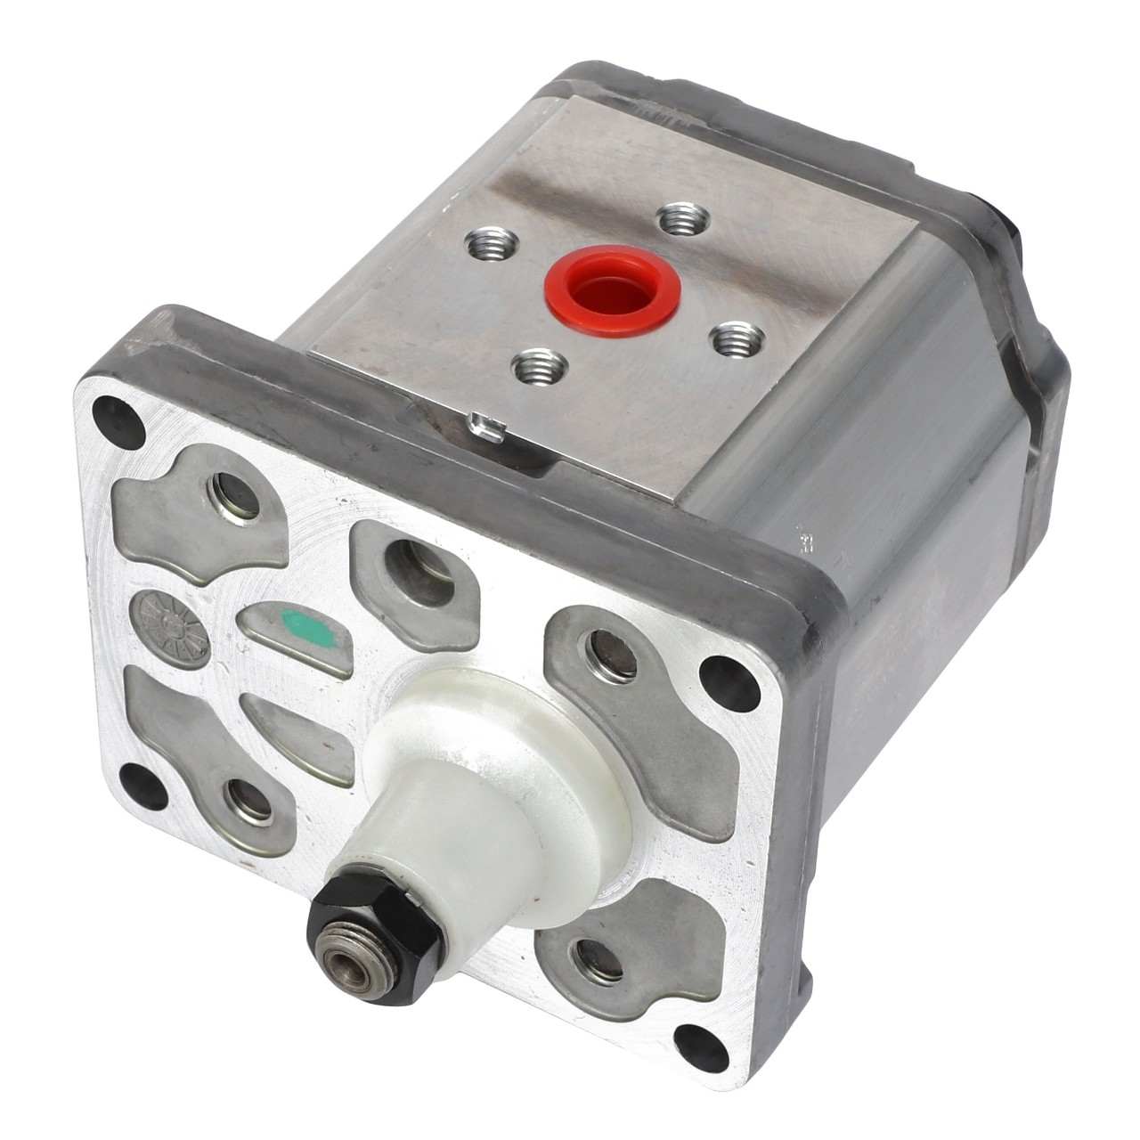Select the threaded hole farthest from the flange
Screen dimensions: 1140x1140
[x=684, y=218]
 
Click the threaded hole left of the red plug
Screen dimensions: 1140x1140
[x=494, y=241]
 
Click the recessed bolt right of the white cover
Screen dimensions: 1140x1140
[x=614, y=655]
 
